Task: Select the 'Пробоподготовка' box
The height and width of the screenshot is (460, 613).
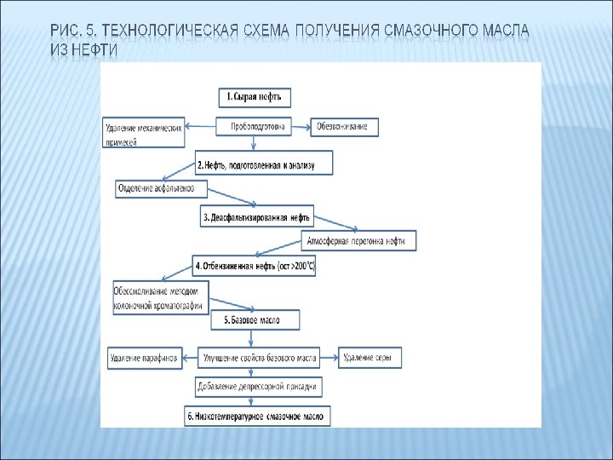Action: (258, 127)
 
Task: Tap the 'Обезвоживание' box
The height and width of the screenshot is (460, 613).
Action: (342, 127)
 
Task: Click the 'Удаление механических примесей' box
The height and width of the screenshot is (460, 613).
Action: (143, 134)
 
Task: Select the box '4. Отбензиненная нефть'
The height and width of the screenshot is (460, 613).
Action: (256, 266)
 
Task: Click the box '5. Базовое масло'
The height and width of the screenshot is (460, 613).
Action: (255, 320)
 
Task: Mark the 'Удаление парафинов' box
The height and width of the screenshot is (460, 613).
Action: (143, 359)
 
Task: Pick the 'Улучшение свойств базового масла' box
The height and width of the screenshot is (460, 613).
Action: (259, 359)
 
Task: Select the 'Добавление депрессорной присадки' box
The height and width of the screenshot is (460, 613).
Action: (259, 387)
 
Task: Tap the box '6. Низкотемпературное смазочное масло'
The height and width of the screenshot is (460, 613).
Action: (257, 416)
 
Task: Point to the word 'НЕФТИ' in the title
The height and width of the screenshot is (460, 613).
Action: (95, 50)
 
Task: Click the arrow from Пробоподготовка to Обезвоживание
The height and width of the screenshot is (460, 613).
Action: (302, 127)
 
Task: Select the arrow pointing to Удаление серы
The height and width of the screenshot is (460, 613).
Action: (329, 359)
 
